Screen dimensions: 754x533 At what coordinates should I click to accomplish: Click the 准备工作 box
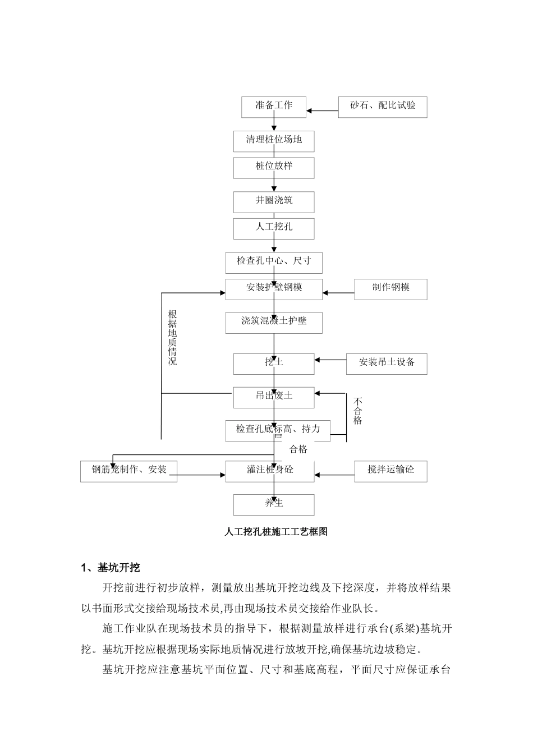click(274, 107)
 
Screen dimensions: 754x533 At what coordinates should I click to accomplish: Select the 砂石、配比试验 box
click(383, 107)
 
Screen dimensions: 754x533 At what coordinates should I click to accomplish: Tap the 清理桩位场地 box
click(274, 141)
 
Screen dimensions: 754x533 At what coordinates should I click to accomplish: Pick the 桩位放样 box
click(274, 167)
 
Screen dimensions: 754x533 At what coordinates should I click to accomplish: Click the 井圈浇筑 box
click(274, 201)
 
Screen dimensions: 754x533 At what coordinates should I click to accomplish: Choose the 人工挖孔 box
click(274, 228)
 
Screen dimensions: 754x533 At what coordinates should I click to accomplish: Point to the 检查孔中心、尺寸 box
click(274, 262)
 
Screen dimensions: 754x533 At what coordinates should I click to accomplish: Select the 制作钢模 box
click(390, 288)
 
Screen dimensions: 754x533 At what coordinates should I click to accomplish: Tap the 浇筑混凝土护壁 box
click(274, 322)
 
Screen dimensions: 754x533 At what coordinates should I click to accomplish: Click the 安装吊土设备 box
click(387, 363)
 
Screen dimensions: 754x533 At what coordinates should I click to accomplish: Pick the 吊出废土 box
click(274, 397)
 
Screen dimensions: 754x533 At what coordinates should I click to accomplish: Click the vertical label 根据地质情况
click(173, 338)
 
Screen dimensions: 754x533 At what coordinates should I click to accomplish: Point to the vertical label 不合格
click(358, 411)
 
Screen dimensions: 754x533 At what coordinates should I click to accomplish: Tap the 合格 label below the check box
click(298, 449)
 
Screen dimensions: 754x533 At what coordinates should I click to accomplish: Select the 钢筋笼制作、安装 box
click(129, 471)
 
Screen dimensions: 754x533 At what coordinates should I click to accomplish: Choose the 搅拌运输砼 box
click(390, 471)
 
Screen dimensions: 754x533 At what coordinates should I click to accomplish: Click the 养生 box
click(274, 504)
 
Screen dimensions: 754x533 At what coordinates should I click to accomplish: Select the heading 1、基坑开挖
click(111, 568)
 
